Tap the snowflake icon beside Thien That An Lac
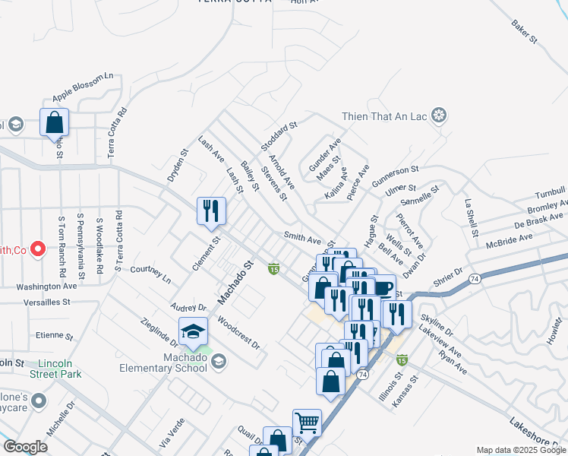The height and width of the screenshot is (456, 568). [x=438, y=116]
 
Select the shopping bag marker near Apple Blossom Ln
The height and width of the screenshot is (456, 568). [x=54, y=122]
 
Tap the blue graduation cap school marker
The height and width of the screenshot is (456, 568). [x=193, y=332]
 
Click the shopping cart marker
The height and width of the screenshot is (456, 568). [x=307, y=423]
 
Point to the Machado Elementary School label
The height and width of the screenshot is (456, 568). [x=174, y=363]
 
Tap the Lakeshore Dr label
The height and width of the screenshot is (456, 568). [x=536, y=433]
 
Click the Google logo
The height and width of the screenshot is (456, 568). [x=24, y=447]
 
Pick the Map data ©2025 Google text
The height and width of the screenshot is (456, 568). [x=521, y=450]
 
